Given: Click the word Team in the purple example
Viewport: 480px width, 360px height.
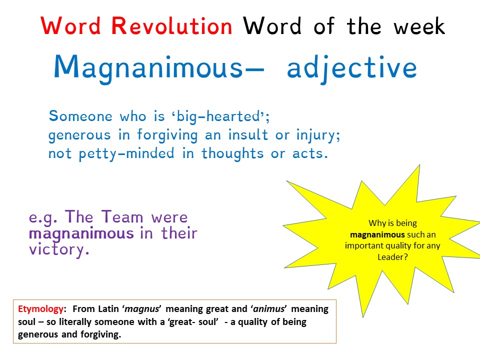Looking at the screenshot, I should [122, 217].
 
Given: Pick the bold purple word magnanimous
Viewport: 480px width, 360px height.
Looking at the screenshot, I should [81, 233].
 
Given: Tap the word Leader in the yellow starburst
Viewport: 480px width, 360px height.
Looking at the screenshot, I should [392, 257].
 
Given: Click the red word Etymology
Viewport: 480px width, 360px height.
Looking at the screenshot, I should [36, 309].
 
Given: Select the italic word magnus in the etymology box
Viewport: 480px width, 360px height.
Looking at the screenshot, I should [150, 309].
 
